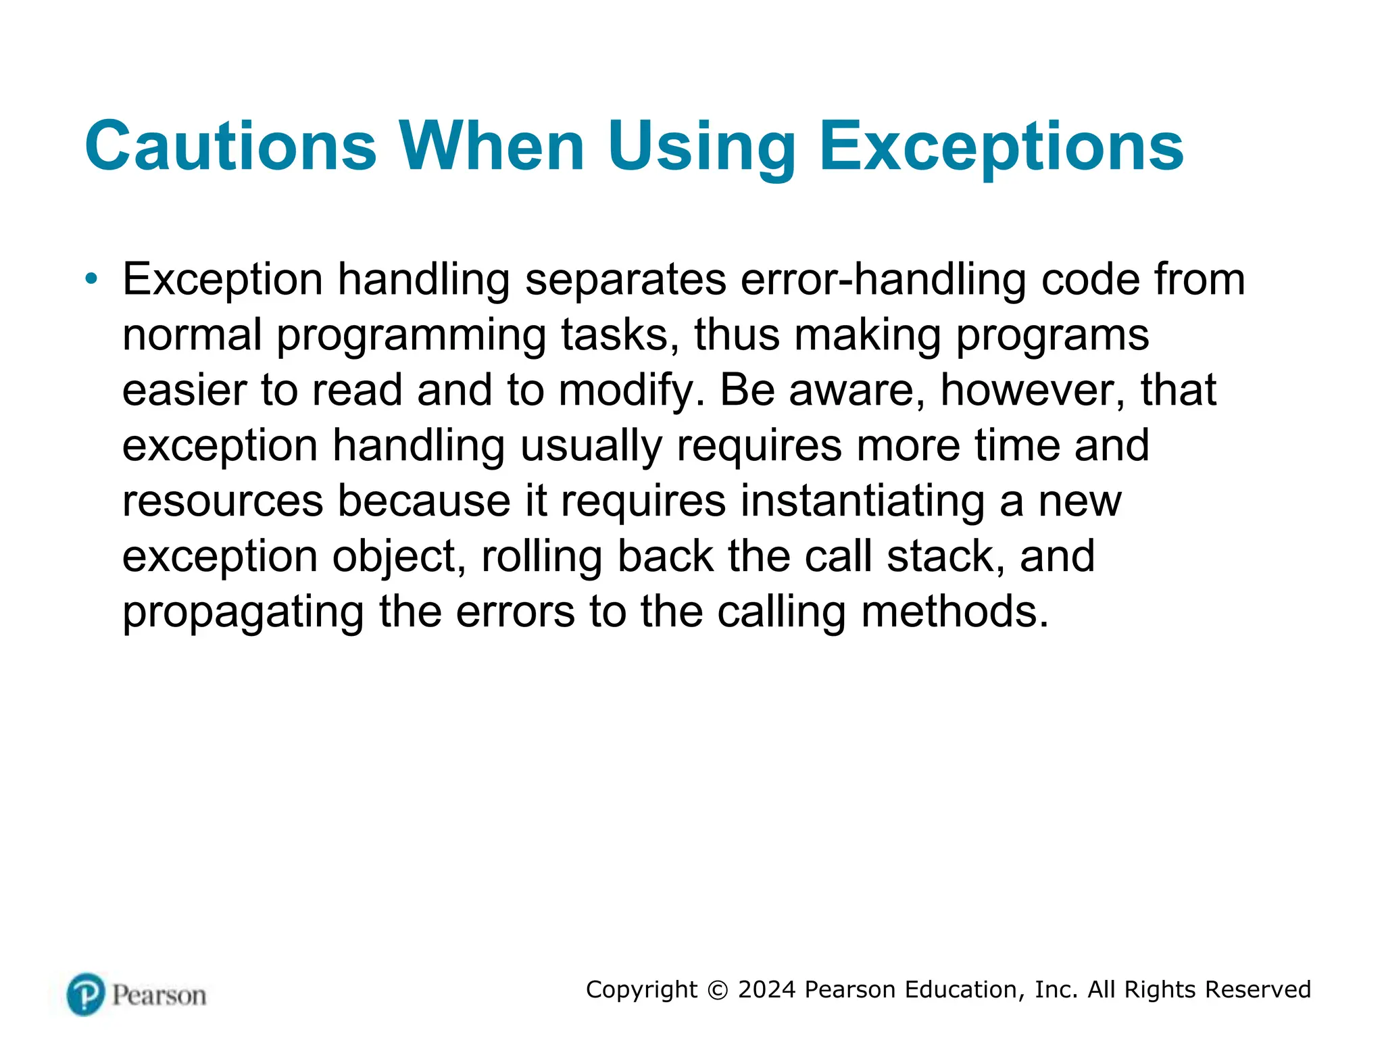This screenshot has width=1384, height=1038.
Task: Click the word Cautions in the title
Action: [x=230, y=147]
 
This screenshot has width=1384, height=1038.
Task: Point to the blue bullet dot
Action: [x=92, y=278]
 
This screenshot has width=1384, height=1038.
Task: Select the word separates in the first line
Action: [x=626, y=280]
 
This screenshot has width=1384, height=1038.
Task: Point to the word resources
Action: [x=222, y=501]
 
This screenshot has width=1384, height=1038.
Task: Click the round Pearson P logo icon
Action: [x=86, y=994]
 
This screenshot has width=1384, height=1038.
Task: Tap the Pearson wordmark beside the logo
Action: [x=159, y=995]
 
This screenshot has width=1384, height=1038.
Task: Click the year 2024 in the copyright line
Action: [x=766, y=989]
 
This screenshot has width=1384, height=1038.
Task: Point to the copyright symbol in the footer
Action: [x=718, y=990]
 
